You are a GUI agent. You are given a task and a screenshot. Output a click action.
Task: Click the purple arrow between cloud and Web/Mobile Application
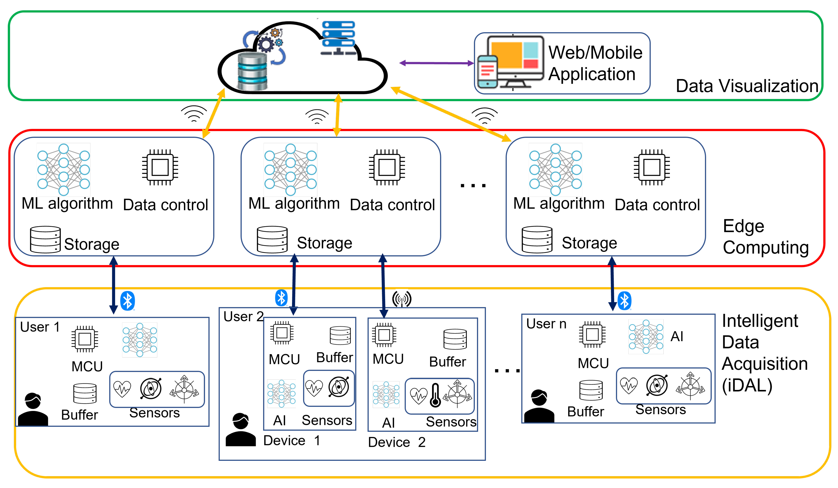(x=437, y=63)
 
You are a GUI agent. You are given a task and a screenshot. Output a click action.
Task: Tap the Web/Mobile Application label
(x=595, y=63)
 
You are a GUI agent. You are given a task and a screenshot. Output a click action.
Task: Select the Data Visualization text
(x=747, y=86)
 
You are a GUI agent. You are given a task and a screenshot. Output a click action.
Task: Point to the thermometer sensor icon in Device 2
(x=435, y=395)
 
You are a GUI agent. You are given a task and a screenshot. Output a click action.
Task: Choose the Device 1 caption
(x=292, y=440)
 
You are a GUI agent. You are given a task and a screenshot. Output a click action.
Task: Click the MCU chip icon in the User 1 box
(x=85, y=339)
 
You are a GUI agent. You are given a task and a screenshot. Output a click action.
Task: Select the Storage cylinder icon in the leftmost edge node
(x=45, y=239)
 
